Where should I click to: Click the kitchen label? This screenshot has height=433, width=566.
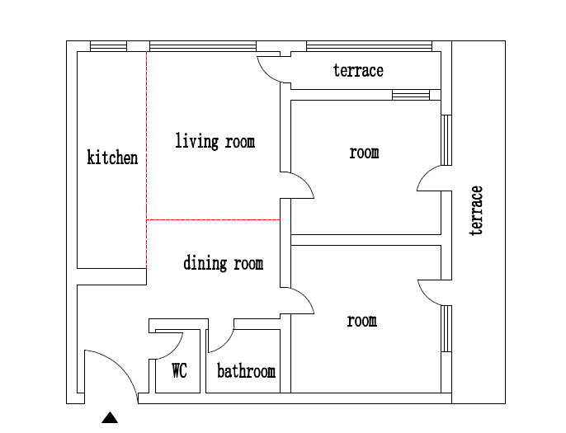click(x=112, y=158)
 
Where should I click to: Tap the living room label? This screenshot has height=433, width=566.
click(x=215, y=141)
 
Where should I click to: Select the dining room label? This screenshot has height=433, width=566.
click(x=223, y=262)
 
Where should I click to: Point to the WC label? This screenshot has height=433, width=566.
click(x=179, y=370)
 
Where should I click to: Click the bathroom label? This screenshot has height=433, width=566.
click(x=246, y=371)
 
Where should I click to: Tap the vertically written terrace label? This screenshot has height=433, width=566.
click(x=476, y=211)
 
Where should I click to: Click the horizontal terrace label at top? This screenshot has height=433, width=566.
click(x=358, y=70)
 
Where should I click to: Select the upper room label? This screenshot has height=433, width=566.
click(x=364, y=153)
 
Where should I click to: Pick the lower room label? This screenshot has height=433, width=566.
click(x=362, y=321)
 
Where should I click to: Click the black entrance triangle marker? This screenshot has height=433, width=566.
click(x=110, y=418)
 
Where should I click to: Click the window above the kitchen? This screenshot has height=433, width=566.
click(x=108, y=46)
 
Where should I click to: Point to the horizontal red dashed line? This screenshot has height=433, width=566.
click(x=214, y=219)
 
